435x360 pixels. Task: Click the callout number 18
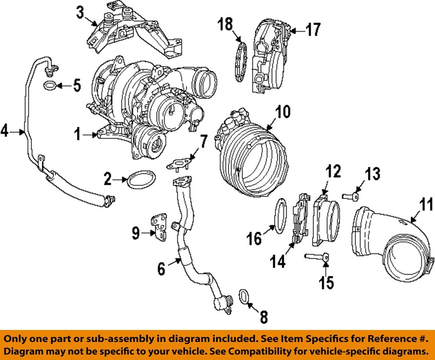pos(226,24)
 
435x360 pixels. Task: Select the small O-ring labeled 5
pos(50,85)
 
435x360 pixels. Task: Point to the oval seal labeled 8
pos(244,297)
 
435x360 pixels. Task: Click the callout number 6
pos(161,269)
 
